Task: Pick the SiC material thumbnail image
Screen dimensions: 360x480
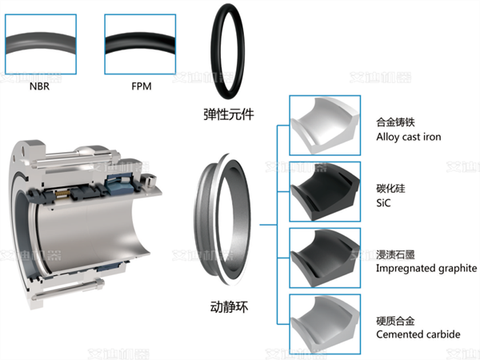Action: tap(324, 190)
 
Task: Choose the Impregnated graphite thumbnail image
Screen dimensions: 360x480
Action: tap(324, 256)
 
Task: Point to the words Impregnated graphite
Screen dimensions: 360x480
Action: tap(426, 268)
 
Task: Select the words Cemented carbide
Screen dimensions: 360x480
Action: tap(418, 334)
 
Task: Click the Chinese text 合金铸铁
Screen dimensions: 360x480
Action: tap(397, 123)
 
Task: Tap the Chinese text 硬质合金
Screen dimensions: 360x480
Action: tap(397, 320)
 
